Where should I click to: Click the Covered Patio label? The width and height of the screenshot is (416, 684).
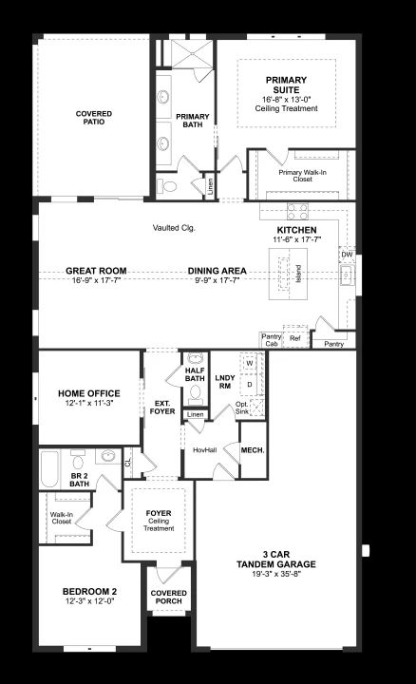[x=94, y=118]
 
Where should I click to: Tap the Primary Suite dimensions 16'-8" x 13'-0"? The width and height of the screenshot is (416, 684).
[x=286, y=100]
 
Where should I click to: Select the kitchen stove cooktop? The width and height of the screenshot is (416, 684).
[x=297, y=212]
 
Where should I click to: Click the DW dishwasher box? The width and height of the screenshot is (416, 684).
[x=347, y=255]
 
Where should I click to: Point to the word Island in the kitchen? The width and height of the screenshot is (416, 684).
[x=298, y=274]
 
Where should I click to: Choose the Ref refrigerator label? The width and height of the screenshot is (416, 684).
[x=295, y=338]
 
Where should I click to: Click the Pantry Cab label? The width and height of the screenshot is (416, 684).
[x=272, y=340]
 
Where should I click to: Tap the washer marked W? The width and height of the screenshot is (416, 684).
[x=250, y=363]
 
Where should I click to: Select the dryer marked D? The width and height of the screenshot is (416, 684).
[x=250, y=385]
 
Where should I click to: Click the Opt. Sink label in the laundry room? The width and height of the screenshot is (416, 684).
[x=242, y=408]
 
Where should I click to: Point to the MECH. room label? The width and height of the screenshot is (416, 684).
[x=253, y=450]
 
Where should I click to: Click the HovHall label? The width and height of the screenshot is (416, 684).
[x=204, y=450]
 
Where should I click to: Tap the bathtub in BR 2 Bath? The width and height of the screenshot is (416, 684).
[x=49, y=469]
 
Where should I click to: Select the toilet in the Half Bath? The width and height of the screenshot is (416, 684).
[x=195, y=392]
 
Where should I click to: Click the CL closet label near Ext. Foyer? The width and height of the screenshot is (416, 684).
[x=128, y=463]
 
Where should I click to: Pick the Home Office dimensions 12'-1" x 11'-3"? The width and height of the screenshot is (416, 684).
[x=89, y=404]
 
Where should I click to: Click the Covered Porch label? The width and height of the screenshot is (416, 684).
[x=169, y=597]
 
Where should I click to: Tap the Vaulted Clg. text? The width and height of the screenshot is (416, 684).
[x=174, y=228]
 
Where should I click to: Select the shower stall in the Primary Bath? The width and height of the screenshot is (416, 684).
[x=192, y=54]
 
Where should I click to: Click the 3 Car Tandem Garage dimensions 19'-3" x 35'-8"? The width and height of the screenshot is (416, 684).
[x=276, y=574]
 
